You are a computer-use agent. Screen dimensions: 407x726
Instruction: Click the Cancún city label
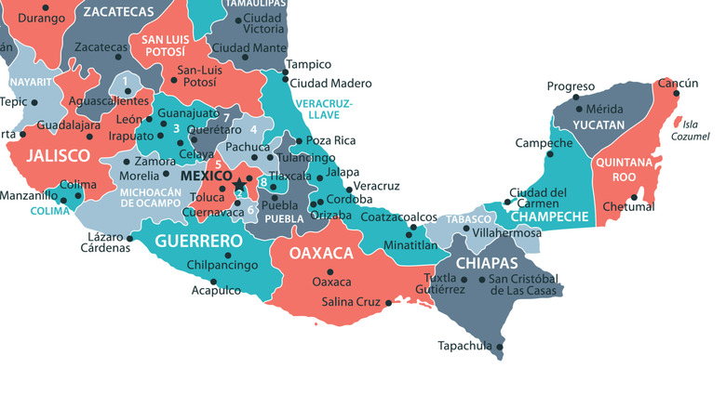[678, 84]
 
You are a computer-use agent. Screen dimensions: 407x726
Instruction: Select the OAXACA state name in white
[321, 253]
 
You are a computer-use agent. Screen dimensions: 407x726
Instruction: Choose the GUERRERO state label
[193, 241]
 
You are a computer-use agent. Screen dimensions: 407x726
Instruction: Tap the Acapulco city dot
[213, 281]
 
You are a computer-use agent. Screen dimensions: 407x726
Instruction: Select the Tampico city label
[308, 64]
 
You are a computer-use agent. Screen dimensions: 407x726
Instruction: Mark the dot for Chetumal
[634, 197]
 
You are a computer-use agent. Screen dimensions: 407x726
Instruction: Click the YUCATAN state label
[598, 124]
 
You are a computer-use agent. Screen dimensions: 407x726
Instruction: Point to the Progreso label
[571, 86]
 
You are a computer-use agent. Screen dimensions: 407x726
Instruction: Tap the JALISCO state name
[58, 155]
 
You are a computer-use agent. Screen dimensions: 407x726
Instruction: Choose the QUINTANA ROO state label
[618, 168]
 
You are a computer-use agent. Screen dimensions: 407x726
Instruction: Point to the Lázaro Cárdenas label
[105, 241]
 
